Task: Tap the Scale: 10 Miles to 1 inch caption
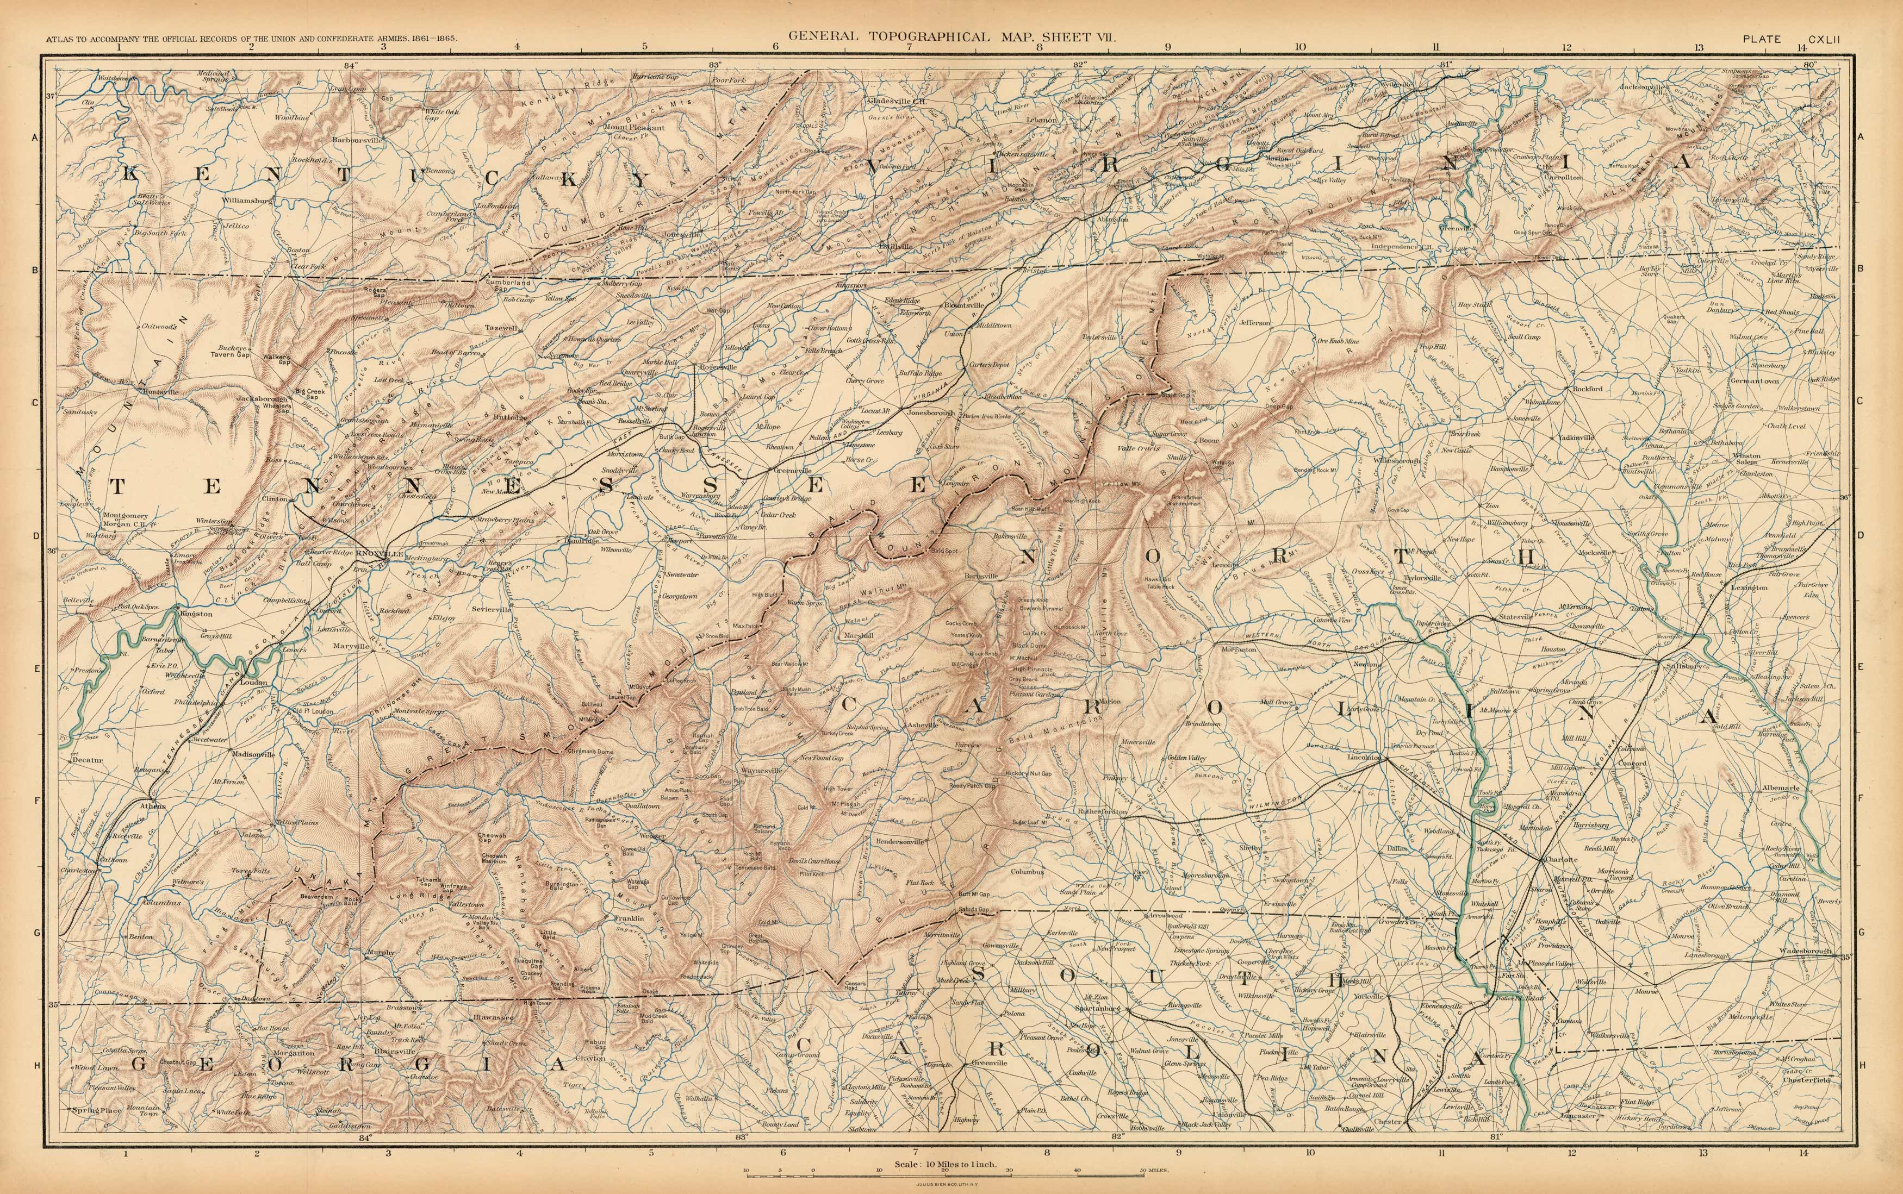point(947,1165)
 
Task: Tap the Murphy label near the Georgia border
point(380,952)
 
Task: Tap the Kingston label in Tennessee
point(195,613)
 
